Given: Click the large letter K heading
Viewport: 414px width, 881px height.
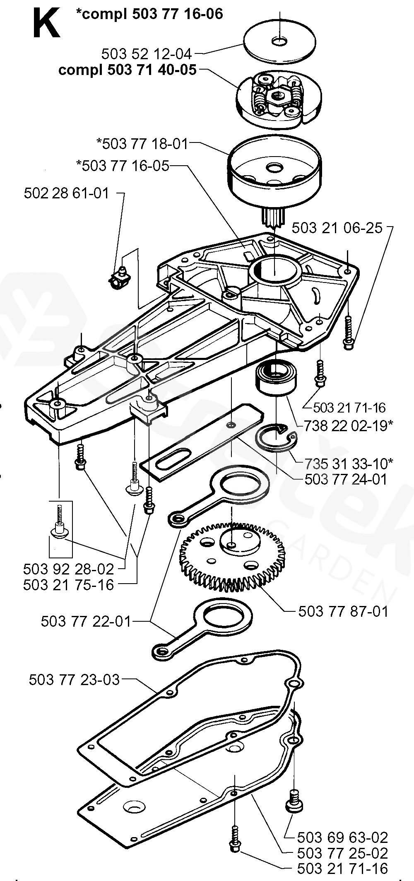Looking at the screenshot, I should coord(46,24).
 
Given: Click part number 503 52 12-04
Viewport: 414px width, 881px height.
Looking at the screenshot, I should coord(147,54).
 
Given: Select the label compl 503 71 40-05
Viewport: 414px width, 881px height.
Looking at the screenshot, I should coord(128,70).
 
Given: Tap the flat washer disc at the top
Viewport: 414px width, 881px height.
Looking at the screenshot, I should coord(280,42).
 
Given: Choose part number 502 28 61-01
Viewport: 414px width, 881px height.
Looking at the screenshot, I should coord(66,193).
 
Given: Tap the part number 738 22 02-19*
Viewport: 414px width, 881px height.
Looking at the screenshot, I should coord(348,426).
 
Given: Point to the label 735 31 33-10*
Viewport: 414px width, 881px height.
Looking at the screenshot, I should coord(348,462).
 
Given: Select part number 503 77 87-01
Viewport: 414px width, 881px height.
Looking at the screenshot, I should coord(343,611).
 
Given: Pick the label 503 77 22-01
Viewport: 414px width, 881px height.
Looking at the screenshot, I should coord(86,621).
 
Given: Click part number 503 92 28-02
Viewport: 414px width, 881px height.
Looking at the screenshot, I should coord(68,569).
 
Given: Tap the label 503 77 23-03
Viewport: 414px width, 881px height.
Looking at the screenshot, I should coord(74,680).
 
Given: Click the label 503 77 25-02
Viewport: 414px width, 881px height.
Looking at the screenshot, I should coord(342,853).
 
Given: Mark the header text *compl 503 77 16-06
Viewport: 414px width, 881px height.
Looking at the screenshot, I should coord(149,14).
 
